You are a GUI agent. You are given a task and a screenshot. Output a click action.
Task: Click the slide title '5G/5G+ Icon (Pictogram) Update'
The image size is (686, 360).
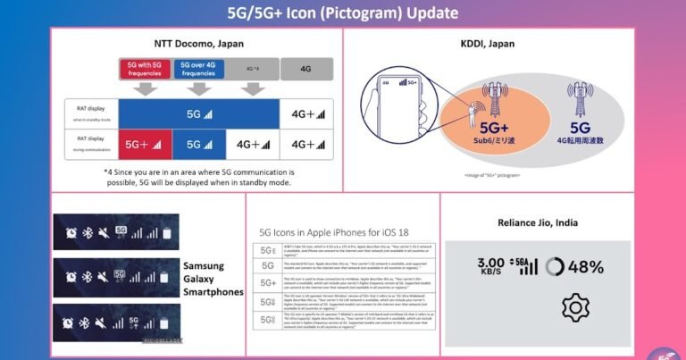point(343,13)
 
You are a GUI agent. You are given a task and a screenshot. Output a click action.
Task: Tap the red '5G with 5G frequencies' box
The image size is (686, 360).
point(144,70)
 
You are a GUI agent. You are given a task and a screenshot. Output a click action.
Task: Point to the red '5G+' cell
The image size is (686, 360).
point(144,144)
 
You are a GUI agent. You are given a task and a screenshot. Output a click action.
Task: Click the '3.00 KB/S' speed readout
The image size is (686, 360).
point(491,266)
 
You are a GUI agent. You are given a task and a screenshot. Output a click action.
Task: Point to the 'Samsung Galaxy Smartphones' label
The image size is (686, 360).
point(213,279)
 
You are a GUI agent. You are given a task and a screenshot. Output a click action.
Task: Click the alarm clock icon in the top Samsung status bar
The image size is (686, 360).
point(71,233)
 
